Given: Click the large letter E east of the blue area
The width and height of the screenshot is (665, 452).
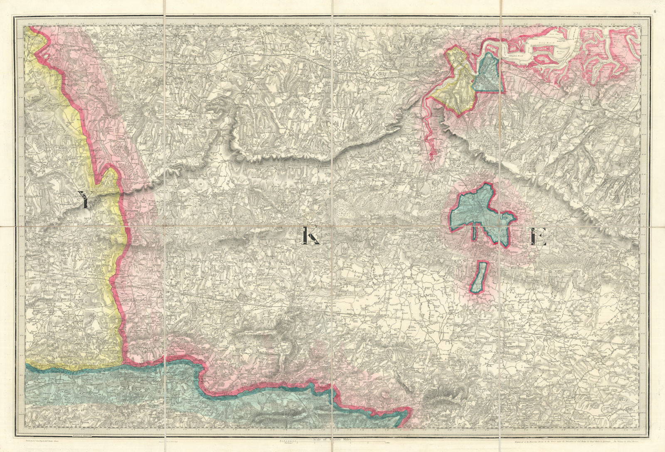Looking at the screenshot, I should [x=538, y=238].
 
